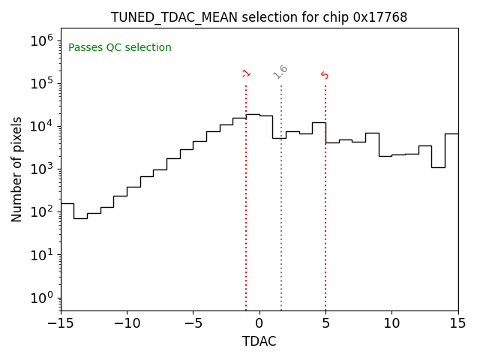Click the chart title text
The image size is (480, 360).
point(259,17)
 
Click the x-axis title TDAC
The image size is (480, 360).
point(259,341)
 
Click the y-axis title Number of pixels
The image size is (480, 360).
point(17,169)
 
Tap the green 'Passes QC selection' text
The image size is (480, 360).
point(120,48)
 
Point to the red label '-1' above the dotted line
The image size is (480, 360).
point(246,73)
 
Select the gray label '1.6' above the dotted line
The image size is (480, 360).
point(280,72)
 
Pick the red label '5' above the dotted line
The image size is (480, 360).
point(325,75)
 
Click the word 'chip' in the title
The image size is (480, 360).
point(337,17)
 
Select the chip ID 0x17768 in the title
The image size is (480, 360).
point(380,17)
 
